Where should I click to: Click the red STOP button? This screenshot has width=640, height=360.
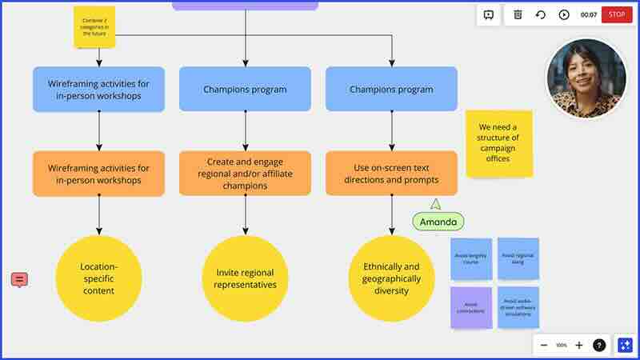[616, 14]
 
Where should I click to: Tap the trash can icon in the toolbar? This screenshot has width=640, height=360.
[518, 14]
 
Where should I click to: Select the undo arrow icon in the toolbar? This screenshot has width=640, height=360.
[541, 14]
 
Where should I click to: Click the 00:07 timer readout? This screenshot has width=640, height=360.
[588, 14]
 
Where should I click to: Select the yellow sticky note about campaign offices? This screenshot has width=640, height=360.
[498, 143]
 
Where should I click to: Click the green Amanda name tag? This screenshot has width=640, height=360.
[438, 222]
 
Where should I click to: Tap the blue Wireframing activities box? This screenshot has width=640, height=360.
[98, 89]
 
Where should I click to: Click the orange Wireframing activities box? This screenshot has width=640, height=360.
[98, 174]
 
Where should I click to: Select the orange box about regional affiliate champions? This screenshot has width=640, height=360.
[245, 174]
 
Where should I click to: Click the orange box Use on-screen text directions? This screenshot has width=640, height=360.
[391, 174]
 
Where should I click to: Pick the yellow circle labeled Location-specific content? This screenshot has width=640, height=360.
[98, 278]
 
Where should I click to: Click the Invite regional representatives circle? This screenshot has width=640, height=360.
[245, 278]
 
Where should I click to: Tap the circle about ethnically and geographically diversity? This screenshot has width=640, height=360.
[391, 278]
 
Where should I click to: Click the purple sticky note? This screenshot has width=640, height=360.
[470, 308]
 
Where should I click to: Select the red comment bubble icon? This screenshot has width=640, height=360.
[19, 279]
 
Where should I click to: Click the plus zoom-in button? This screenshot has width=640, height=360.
[579, 345]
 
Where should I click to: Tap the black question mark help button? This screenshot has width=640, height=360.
[599, 345]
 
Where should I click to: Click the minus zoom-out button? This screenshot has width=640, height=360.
[544, 345]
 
